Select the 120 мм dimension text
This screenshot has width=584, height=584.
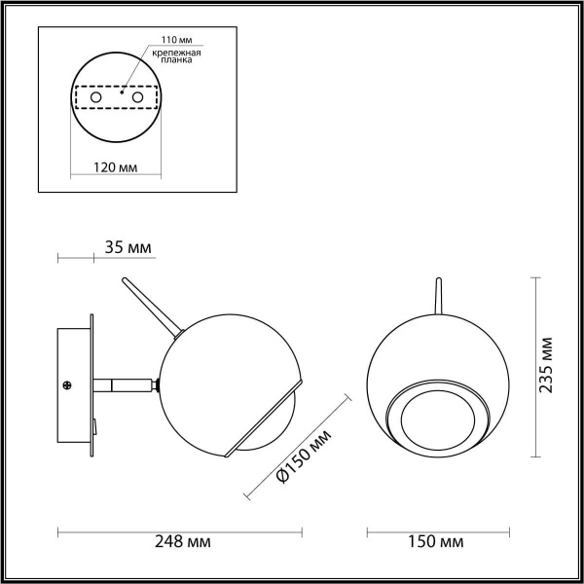[x=114, y=167]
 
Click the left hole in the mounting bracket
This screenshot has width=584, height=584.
[x=95, y=98]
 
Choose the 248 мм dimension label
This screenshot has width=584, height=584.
[x=183, y=540]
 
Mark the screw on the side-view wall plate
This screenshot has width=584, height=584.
[x=69, y=385]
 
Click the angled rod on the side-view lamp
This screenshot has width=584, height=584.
[x=150, y=306]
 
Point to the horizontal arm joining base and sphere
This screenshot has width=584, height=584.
[x=127, y=385]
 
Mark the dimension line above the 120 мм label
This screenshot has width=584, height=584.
[x=114, y=177]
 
